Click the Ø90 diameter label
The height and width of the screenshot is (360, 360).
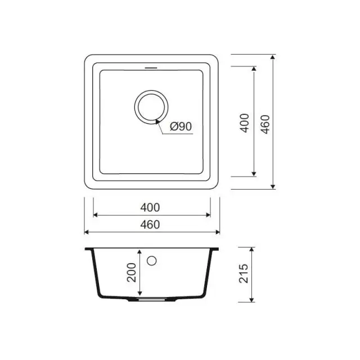(181, 127)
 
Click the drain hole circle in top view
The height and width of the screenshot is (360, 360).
(150, 106)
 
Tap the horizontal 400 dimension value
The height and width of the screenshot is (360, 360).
(151, 207)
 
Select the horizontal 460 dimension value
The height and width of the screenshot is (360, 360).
(151, 224)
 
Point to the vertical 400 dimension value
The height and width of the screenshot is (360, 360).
(244, 123)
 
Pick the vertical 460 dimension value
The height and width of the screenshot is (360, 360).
(264, 123)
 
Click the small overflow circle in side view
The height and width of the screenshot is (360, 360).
(151, 260)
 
